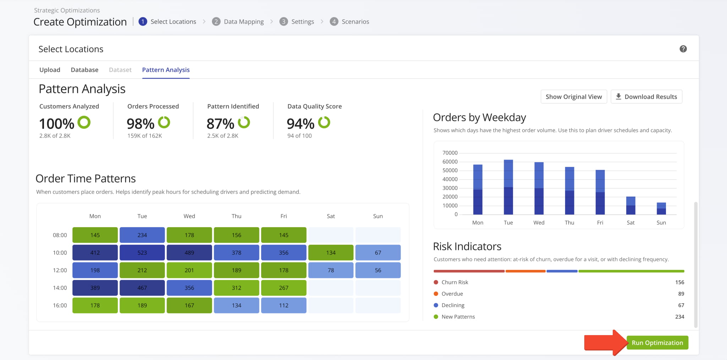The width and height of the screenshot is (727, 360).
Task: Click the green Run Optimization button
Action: coord(657,343)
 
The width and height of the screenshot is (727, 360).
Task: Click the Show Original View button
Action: coord(573,97)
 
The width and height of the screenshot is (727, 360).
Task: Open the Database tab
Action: coord(84,70)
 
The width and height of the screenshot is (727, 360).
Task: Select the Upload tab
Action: coord(50,70)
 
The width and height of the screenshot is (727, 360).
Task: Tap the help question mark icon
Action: coord(683,49)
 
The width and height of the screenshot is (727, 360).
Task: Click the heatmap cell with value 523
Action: coord(142,252)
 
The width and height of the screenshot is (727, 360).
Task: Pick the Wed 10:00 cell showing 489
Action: coord(189,252)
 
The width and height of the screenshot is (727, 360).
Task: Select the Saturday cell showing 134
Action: coord(330,252)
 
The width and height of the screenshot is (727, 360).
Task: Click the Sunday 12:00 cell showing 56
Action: coord(378,270)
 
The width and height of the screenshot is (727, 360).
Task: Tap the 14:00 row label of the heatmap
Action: coord(60,288)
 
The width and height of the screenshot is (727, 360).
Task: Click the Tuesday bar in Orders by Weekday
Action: coord(508,187)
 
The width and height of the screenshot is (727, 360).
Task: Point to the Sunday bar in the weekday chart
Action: coord(661,208)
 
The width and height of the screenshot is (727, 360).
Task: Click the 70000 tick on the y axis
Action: coord(450,153)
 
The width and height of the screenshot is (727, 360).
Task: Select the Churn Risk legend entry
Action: coord(454,282)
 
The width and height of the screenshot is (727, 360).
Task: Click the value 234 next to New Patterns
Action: coord(679,317)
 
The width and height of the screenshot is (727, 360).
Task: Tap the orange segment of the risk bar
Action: coord(525,271)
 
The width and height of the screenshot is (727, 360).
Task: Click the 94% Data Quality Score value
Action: coord(300,124)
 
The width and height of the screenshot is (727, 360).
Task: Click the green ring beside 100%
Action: coord(84,122)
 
